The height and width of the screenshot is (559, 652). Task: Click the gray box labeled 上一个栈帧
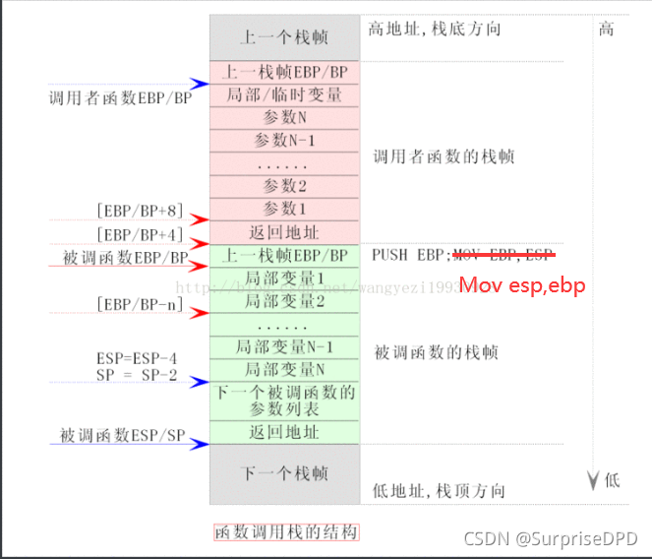click(284, 38)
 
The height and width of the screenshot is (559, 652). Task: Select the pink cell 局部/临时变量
click(284, 95)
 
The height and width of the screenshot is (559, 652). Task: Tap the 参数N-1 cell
click(284, 141)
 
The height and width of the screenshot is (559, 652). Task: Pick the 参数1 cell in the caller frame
click(284, 209)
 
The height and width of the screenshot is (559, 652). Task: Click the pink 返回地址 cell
click(284, 232)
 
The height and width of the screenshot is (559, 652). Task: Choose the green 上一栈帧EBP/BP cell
click(284, 255)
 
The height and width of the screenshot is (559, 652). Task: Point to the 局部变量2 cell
click(284, 300)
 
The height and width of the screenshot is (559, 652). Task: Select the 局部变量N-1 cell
click(284, 346)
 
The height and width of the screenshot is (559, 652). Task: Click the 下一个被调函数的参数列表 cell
click(284, 401)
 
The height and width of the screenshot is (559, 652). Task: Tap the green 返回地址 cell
click(284, 432)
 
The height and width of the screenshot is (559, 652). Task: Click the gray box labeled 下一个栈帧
click(284, 473)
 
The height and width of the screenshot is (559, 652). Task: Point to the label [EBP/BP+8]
click(141, 211)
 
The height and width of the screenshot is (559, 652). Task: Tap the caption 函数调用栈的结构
click(285, 532)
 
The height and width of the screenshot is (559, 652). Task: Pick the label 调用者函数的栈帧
click(444, 156)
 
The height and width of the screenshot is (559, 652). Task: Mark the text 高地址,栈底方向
click(435, 30)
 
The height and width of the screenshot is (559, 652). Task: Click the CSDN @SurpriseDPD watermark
click(566, 538)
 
